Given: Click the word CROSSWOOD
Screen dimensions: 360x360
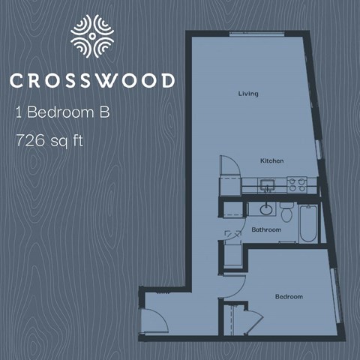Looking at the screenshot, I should tap(92, 80).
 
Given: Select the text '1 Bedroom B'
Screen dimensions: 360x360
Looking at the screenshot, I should tap(62, 113).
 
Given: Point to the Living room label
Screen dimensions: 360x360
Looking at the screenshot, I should tap(248, 94).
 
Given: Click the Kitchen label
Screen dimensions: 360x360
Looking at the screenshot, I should tap(271, 161).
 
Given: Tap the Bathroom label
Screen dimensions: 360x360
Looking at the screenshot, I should tap(266, 229).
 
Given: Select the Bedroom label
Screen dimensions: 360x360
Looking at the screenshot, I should tap(289, 297).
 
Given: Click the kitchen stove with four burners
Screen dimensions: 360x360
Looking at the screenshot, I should tap(297, 183).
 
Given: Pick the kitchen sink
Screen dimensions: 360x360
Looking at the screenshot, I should tap(267, 184).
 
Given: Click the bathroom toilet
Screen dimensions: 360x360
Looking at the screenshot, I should tap(286, 208).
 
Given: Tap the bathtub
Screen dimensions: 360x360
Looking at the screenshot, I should tap(307, 223).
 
